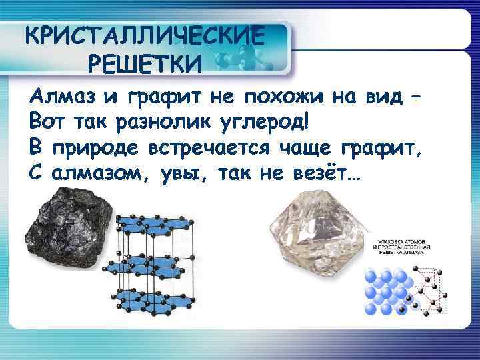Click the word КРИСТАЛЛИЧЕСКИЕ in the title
pos(143,35)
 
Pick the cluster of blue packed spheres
pos(386,291)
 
